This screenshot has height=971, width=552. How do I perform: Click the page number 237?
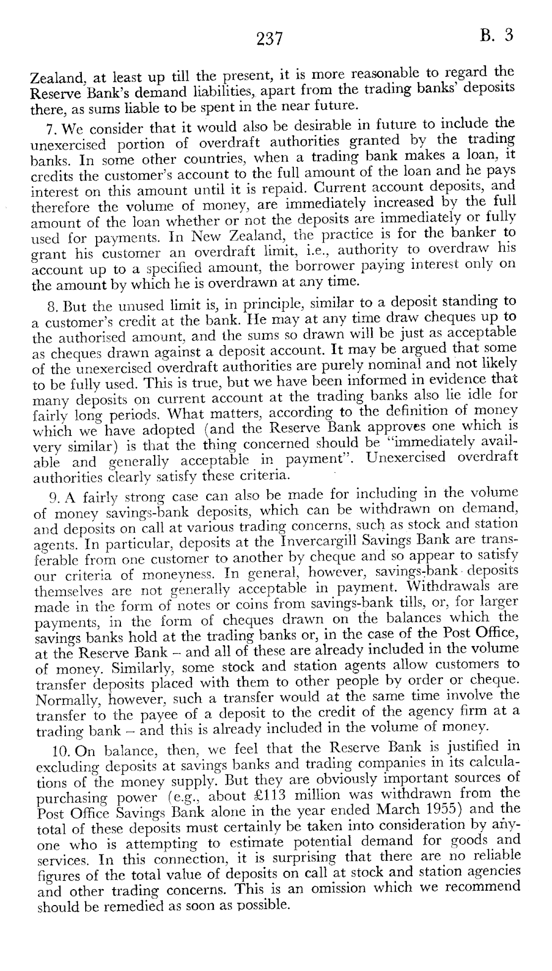tap(270, 39)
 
